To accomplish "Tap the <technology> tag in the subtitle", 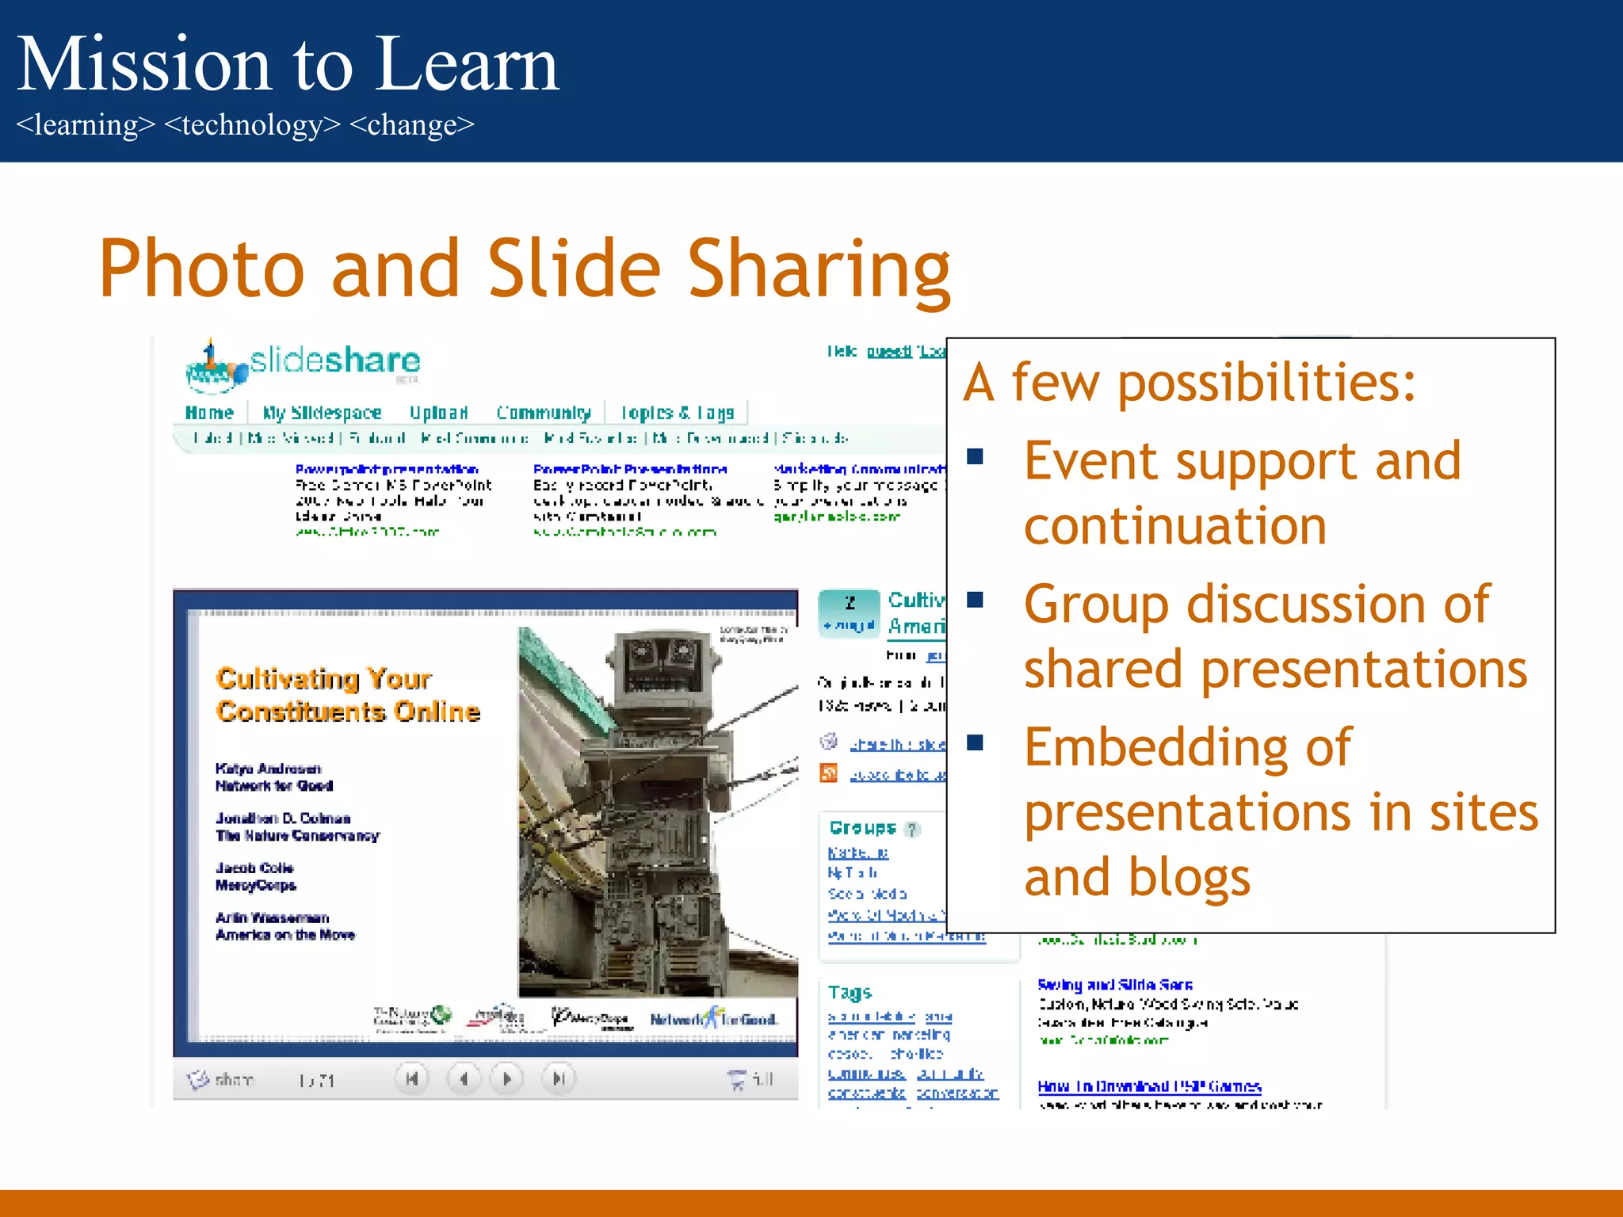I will (x=252, y=125).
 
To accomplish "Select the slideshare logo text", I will (x=334, y=361).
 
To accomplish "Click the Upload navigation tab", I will (x=438, y=413).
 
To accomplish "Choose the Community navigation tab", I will (x=544, y=413).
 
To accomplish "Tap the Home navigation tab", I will (x=209, y=413).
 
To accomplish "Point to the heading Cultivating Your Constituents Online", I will (x=347, y=695).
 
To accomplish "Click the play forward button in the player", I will (x=507, y=1078).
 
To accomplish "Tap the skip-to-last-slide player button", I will (x=558, y=1078).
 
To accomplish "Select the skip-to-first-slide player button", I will (x=412, y=1078).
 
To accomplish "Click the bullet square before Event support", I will (x=976, y=456).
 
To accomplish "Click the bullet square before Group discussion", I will (x=976, y=600).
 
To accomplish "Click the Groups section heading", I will (x=862, y=828).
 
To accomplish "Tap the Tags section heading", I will (x=850, y=992).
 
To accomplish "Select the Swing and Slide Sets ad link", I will (x=1114, y=985).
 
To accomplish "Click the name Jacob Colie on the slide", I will (x=254, y=868).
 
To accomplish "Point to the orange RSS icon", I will (x=829, y=773).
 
